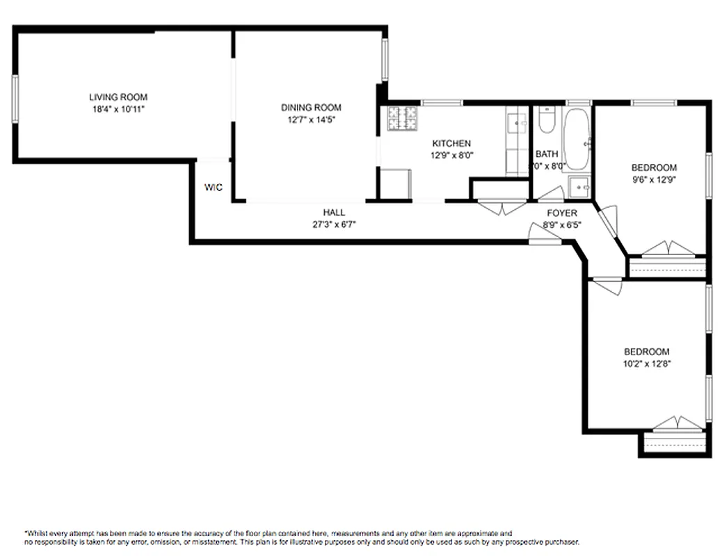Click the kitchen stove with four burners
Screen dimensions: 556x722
(x=403, y=119)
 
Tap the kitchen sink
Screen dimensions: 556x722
(x=516, y=124)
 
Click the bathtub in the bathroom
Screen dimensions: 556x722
(x=576, y=138)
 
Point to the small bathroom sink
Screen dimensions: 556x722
(x=579, y=187)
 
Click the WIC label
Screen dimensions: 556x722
(x=214, y=188)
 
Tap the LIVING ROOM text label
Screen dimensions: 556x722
(x=118, y=97)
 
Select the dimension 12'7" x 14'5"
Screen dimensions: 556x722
(x=311, y=120)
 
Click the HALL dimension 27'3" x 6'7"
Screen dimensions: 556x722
(x=334, y=224)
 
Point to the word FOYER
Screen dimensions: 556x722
(x=562, y=213)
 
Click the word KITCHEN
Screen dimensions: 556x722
(x=451, y=144)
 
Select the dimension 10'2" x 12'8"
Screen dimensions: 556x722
(x=646, y=363)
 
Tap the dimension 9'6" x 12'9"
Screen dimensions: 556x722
(x=654, y=179)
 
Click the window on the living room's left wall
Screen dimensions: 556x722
(x=15, y=99)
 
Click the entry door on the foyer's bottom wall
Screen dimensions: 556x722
(x=545, y=236)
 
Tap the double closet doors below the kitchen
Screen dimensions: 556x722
(x=501, y=207)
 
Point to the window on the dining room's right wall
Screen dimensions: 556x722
(x=384, y=60)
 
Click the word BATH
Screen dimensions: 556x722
(x=547, y=154)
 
